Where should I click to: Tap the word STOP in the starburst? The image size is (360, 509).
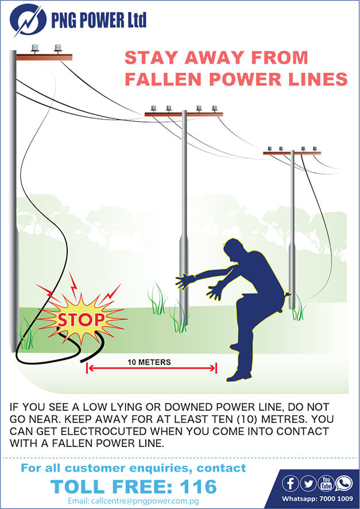tap(80, 319)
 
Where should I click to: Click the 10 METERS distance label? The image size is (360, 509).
tap(149, 362)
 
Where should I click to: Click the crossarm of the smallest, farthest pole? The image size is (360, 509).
tap(292, 153)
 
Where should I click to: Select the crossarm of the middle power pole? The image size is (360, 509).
tap(183, 114)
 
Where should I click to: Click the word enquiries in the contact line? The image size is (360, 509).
tap(156, 468)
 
